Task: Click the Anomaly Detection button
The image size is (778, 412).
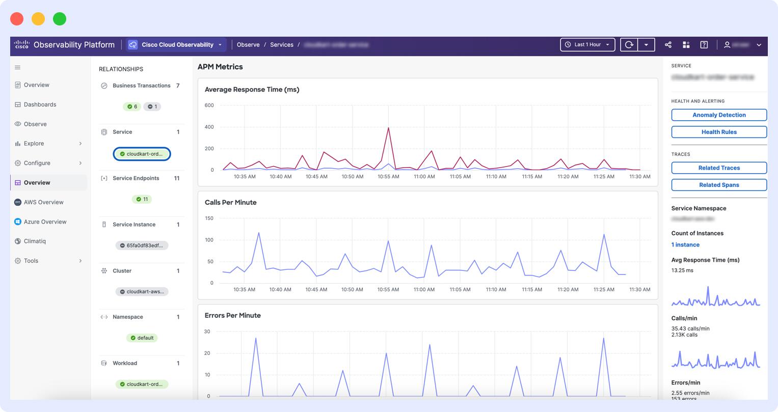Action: (x=718, y=115)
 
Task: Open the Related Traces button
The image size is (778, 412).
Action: (x=718, y=168)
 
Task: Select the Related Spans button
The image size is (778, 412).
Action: (x=718, y=185)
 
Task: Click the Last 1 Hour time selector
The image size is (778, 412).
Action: (x=587, y=45)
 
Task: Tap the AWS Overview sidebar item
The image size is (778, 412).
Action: (x=43, y=202)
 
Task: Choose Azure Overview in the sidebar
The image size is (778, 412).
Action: (x=45, y=222)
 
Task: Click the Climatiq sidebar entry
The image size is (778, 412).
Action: (x=35, y=241)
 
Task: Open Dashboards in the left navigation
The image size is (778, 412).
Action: (x=40, y=104)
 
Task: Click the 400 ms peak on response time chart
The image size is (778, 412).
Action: (x=388, y=128)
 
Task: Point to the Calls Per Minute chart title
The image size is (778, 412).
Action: (x=230, y=202)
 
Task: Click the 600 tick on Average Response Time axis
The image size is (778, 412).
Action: (x=209, y=105)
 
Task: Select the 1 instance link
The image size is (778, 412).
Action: (x=685, y=244)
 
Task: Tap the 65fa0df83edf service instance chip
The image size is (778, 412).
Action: (x=142, y=245)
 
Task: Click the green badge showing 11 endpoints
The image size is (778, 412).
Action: (x=142, y=199)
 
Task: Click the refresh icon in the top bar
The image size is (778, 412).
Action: (x=629, y=45)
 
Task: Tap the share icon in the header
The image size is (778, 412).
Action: (x=668, y=45)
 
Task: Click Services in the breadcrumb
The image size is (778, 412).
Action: (x=281, y=45)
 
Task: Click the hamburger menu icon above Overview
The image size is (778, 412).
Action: (x=17, y=67)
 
